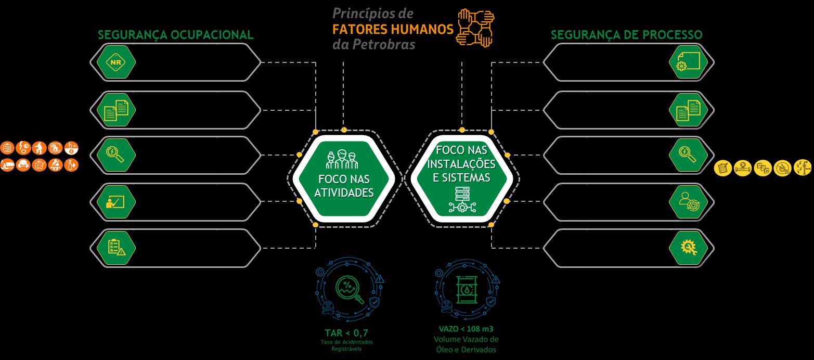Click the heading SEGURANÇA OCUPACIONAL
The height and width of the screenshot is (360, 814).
click(176, 35)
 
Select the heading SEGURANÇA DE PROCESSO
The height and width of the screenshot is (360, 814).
click(626, 35)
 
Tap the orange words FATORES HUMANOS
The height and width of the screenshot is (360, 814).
click(393, 28)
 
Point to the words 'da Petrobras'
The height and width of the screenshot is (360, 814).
click(373, 44)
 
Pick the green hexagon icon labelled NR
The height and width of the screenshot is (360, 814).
click(116, 62)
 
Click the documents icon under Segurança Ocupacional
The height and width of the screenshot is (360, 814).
click(116, 109)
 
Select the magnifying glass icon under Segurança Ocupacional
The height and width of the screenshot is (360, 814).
click(116, 155)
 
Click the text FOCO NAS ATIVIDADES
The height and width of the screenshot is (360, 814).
click(345, 186)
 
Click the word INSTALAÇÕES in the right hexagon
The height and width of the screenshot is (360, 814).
click(461, 164)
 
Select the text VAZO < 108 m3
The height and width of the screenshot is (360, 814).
click(466, 329)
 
